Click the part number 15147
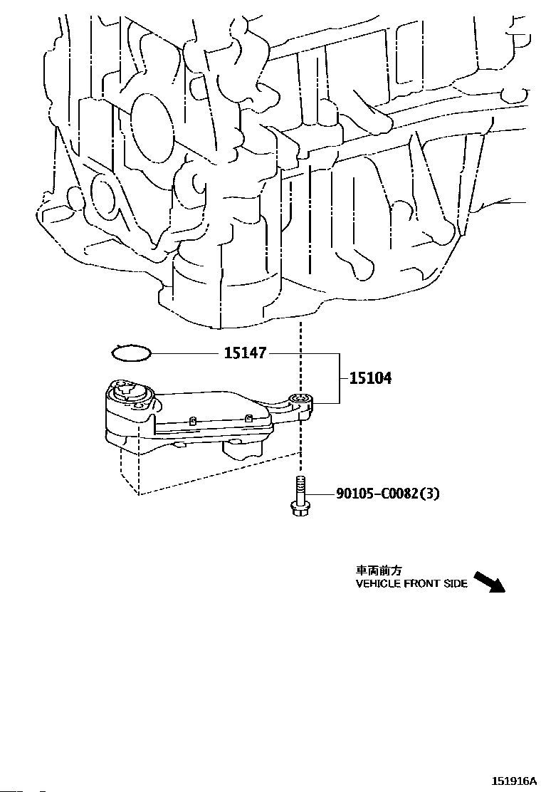(x=244, y=353)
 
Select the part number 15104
(x=369, y=378)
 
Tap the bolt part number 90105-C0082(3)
(x=387, y=493)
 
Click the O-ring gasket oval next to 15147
(x=132, y=352)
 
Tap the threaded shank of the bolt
(x=299, y=489)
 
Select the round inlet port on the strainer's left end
(x=128, y=389)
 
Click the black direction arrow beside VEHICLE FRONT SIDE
(x=489, y=582)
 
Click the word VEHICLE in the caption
(x=378, y=584)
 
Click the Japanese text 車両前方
(x=379, y=570)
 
